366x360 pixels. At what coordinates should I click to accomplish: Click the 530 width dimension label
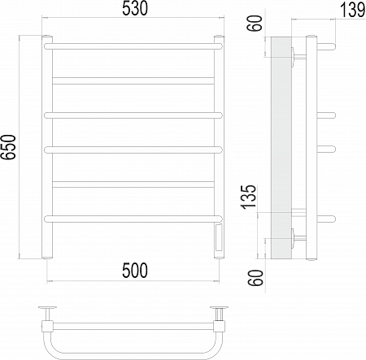point(135,8)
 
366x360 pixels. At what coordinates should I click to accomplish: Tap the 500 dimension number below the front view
point(135,271)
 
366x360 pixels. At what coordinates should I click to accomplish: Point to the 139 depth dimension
point(352,11)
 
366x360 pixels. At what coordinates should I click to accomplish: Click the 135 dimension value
point(249,197)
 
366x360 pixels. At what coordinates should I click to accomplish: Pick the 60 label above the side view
point(255,24)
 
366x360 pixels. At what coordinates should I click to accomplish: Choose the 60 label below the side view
point(255,278)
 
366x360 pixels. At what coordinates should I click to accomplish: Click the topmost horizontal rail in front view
point(133,46)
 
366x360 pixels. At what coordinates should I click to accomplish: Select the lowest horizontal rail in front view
point(133,219)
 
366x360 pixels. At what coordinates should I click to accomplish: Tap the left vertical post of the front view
point(47,147)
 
